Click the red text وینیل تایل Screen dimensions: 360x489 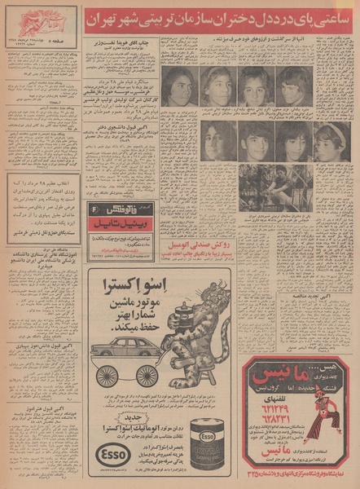(126, 220)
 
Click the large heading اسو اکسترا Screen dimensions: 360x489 (125, 289)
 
